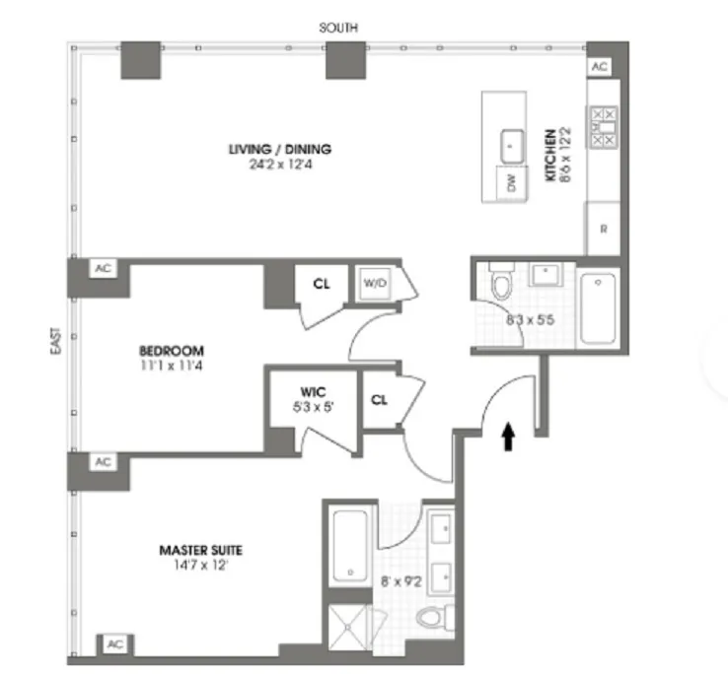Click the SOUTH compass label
tap(338, 29)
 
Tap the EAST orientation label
tap(58, 342)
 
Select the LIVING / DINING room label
tap(280, 150)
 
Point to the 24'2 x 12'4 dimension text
tap(280, 165)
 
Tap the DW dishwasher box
tap(511, 183)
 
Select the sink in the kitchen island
tap(511, 144)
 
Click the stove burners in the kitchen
tap(603, 127)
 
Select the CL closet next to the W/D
tap(321, 283)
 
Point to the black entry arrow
tap(509, 437)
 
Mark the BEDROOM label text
tap(171, 351)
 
